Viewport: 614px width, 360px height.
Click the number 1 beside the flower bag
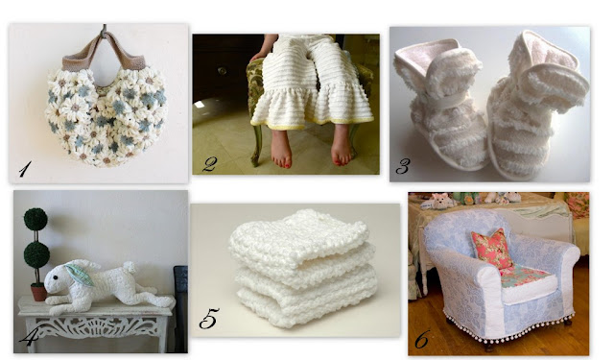click(x=24, y=168)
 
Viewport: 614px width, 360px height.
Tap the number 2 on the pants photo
click(x=209, y=163)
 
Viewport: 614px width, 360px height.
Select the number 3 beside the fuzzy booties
click(x=402, y=166)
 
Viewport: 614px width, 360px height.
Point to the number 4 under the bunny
click(x=28, y=338)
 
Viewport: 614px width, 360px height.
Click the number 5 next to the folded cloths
click(x=208, y=319)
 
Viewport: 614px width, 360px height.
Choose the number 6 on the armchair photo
click(x=422, y=339)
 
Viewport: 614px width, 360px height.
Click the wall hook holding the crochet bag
click(x=105, y=31)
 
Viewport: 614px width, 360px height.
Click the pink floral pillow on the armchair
click(x=492, y=249)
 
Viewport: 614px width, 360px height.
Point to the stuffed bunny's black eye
click(x=56, y=276)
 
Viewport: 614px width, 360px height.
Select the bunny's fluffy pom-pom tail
click(x=129, y=268)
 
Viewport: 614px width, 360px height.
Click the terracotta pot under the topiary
click(x=38, y=293)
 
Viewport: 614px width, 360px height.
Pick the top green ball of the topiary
click(x=35, y=219)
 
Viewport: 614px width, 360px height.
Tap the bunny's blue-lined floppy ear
click(x=80, y=274)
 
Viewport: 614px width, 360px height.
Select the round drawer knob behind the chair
click(x=222, y=71)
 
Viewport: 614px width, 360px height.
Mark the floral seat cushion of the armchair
click(x=525, y=275)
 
